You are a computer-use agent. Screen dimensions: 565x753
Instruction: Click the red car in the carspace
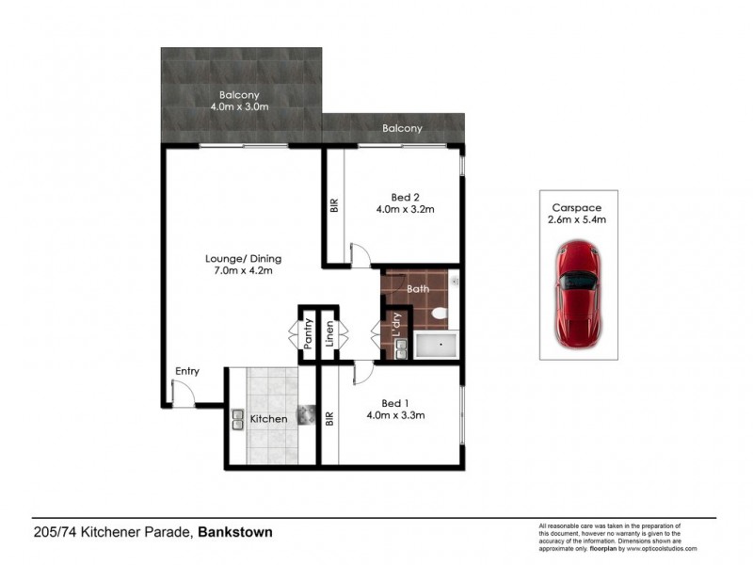click(578, 293)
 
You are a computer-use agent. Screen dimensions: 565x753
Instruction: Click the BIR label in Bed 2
click(334, 205)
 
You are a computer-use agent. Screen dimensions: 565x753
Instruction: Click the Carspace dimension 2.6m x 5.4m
click(578, 219)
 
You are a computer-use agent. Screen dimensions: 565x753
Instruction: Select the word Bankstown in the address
click(235, 532)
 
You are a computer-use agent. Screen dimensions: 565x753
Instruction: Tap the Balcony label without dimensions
click(402, 128)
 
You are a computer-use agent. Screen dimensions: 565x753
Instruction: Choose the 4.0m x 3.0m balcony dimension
click(239, 108)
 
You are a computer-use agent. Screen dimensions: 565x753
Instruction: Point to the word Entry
click(186, 371)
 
